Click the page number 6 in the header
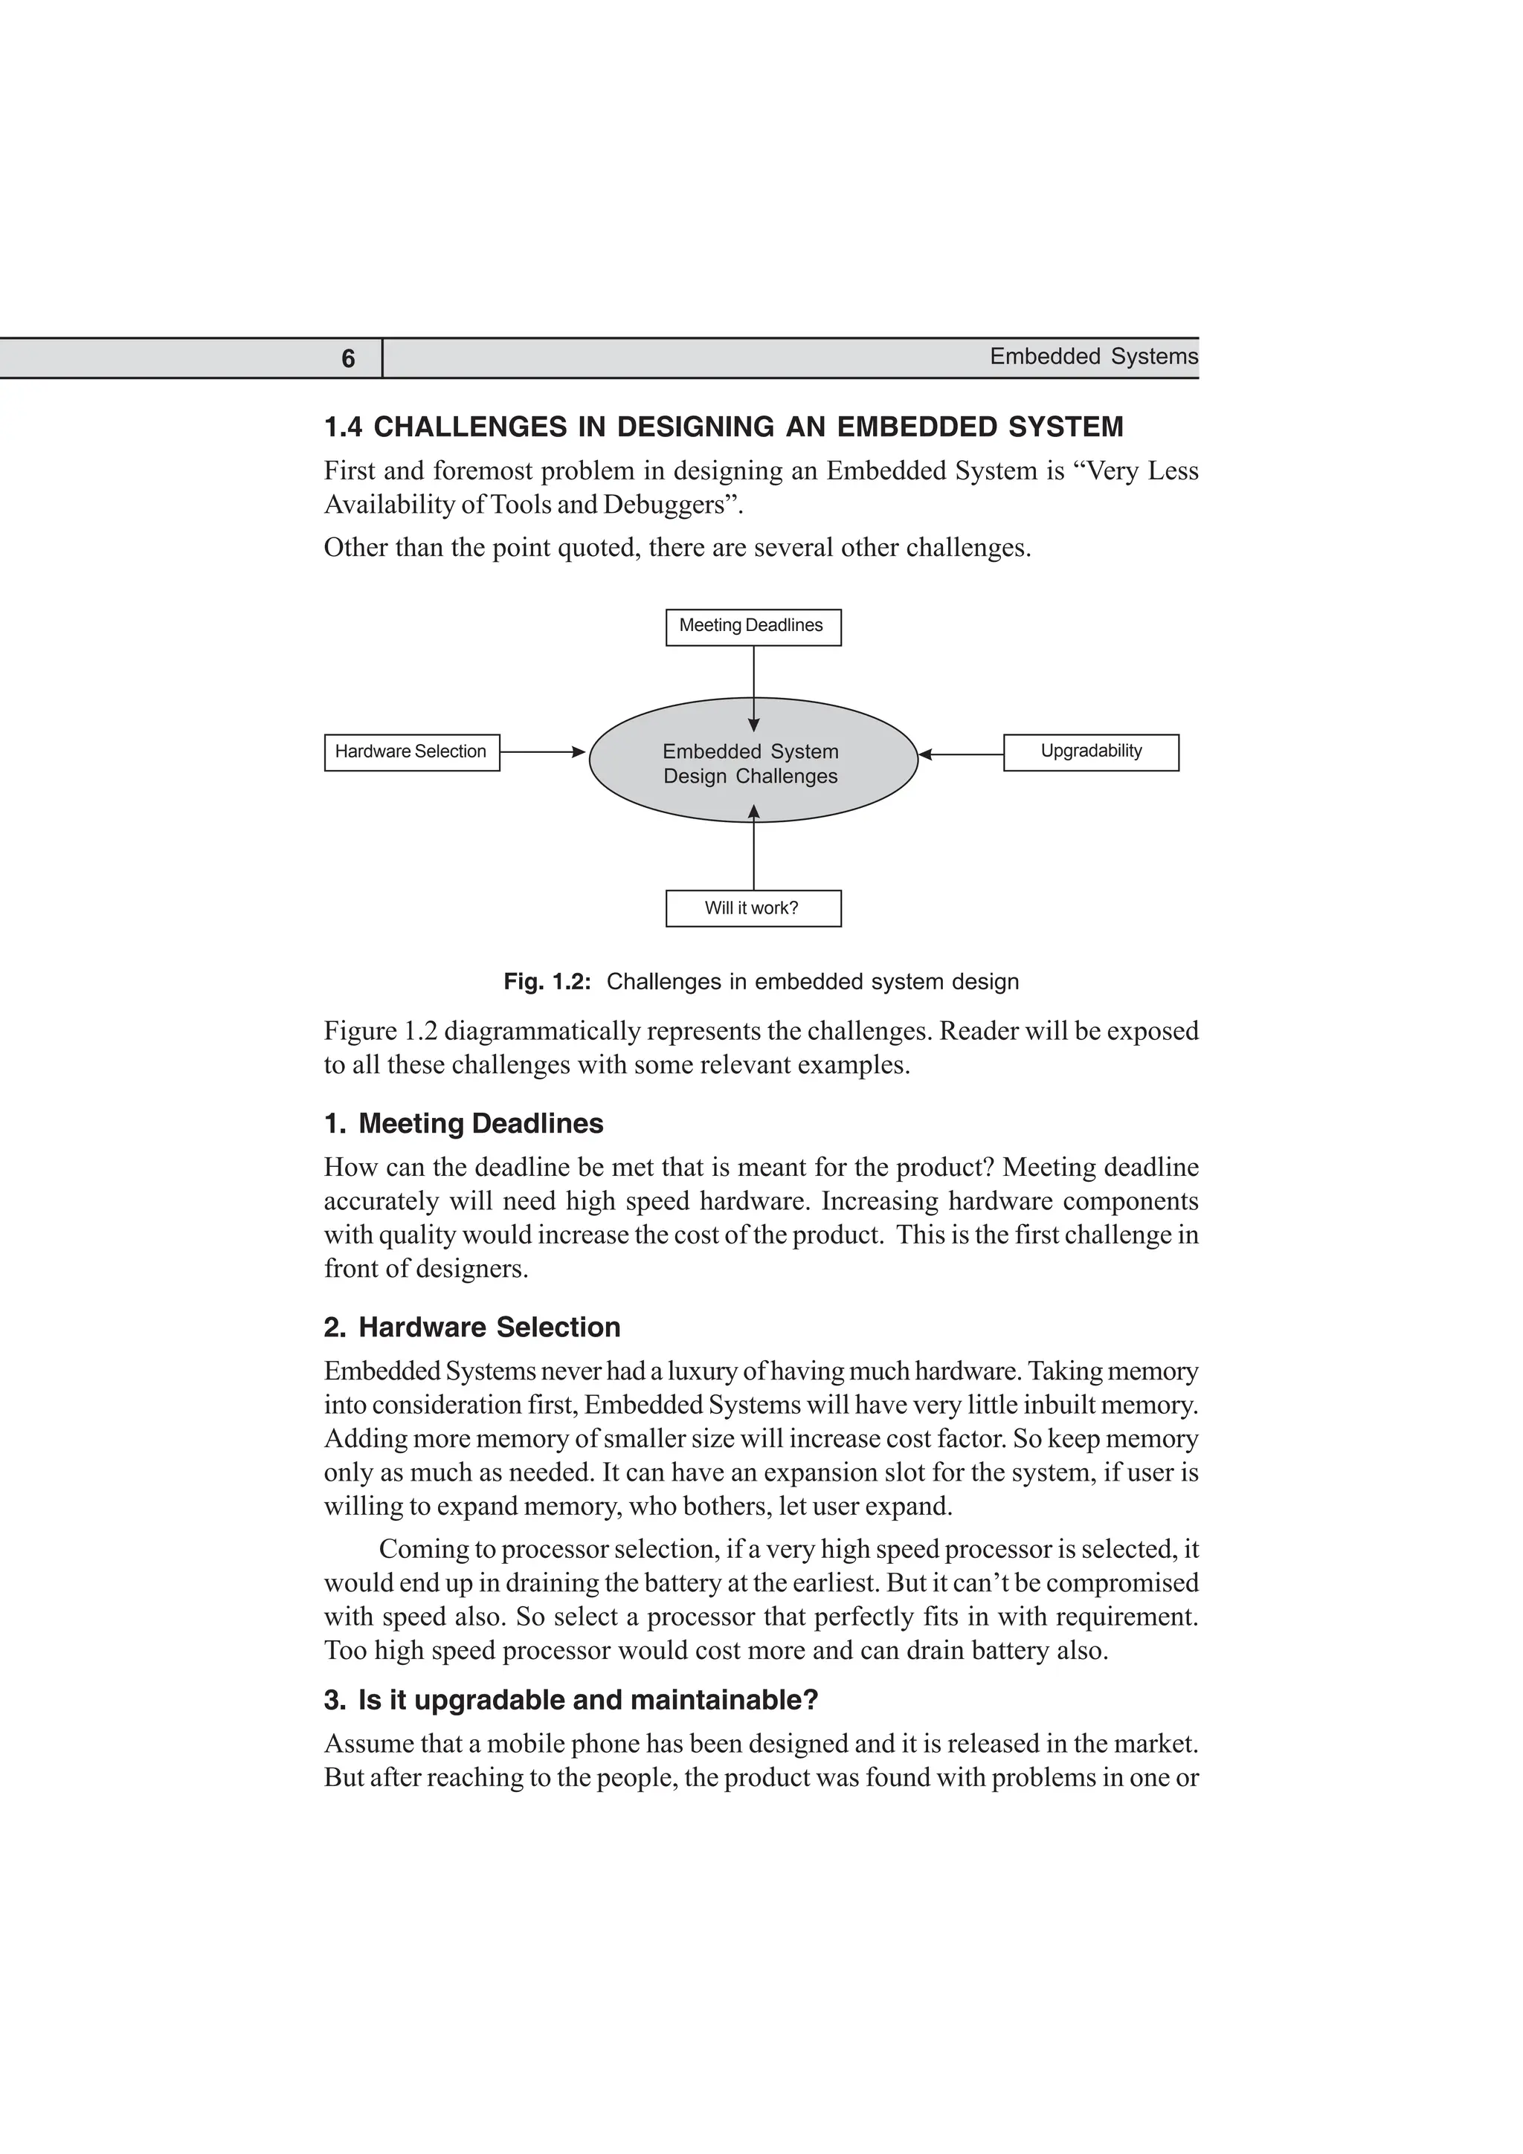(x=348, y=359)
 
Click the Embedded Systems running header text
(x=1093, y=357)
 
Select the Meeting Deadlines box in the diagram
(x=753, y=627)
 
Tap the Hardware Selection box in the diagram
(x=412, y=752)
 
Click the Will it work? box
(x=753, y=908)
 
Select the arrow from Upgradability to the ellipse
(x=961, y=754)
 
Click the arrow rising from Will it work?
(x=753, y=848)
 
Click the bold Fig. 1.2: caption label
(x=547, y=983)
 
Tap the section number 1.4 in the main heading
(x=343, y=428)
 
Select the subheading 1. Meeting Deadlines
(x=463, y=1124)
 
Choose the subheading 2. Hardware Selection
(x=472, y=1327)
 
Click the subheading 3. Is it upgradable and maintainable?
(x=570, y=1700)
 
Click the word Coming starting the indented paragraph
(x=423, y=1549)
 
